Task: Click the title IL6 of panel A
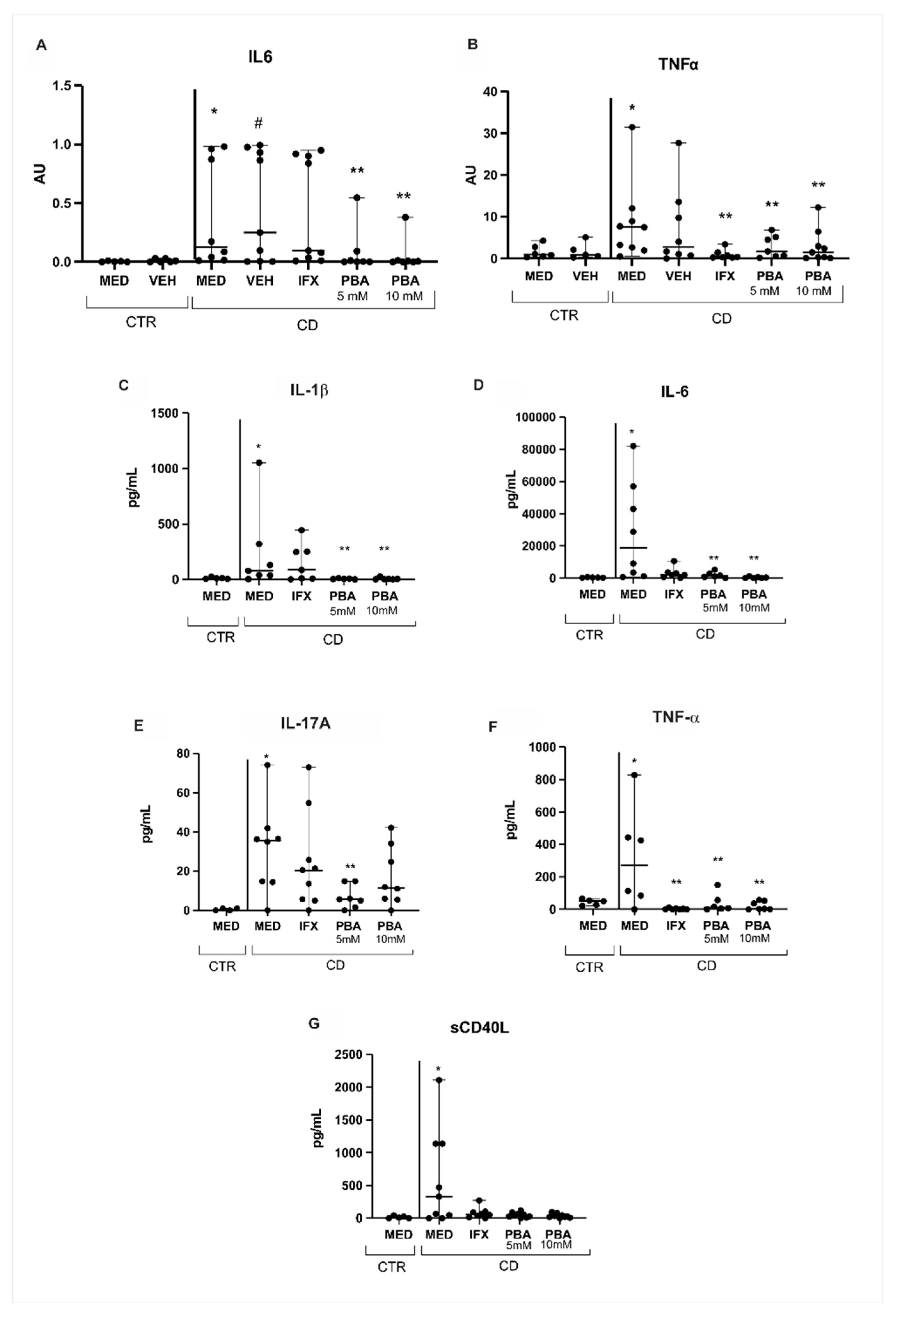[260, 57]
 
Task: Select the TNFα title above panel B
[678, 64]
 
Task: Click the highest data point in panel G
[439, 1080]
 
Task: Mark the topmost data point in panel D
[633, 446]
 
